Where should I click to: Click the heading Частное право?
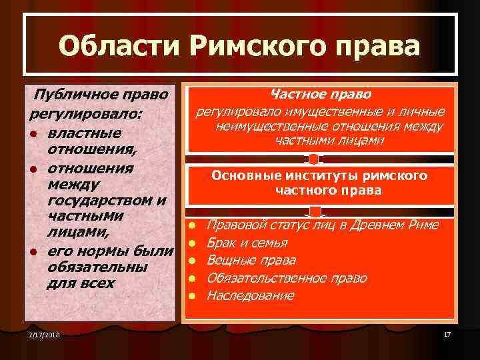(x=321, y=95)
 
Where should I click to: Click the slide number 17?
(x=447, y=333)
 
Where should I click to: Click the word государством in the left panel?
(x=100, y=201)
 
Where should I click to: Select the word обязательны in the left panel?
(x=97, y=267)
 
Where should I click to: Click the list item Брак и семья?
(x=247, y=243)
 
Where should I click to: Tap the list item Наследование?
(x=251, y=295)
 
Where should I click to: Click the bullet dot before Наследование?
(x=191, y=295)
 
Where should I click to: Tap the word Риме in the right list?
(x=423, y=225)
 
